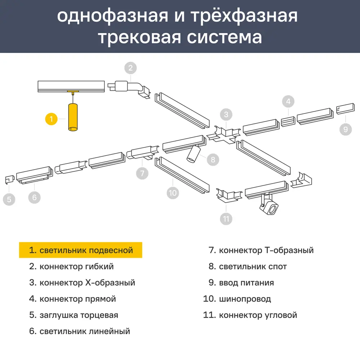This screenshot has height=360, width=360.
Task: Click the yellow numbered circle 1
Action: click(x=51, y=119)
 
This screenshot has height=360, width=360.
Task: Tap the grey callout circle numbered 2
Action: click(x=131, y=68)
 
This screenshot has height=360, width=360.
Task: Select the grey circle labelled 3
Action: click(x=226, y=115)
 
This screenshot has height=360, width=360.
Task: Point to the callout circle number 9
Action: click(x=346, y=129)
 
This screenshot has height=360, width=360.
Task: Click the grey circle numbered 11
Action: click(x=226, y=219)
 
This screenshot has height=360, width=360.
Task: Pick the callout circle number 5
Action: click(x=9, y=199)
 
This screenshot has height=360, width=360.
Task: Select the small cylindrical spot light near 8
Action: click(x=193, y=154)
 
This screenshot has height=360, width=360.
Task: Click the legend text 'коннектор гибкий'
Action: click(x=77, y=267)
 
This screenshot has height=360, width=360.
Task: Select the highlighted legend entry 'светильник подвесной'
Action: click(x=81, y=250)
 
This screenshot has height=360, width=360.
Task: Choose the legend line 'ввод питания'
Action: click(x=246, y=283)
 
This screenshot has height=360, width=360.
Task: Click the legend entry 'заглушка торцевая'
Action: click(x=79, y=315)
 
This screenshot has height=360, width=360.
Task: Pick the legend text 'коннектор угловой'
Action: click(x=258, y=315)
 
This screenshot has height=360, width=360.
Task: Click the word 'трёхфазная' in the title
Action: click(x=238, y=16)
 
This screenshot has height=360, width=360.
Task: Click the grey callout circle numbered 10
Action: click(x=173, y=193)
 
